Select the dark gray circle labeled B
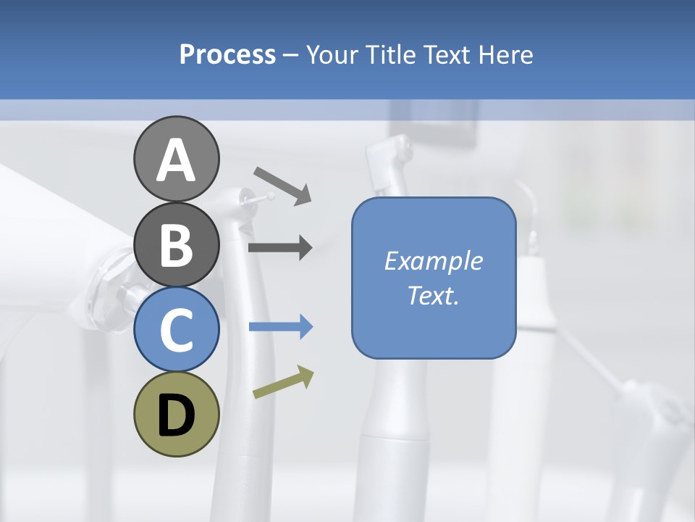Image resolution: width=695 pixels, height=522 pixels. point(176,245)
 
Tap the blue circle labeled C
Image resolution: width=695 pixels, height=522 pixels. point(176,330)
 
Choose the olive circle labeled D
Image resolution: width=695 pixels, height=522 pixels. point(176,414)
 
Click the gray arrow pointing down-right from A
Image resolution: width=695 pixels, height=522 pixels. point(282,185)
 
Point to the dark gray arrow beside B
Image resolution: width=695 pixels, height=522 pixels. point(280,248)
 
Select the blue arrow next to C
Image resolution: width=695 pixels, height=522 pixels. point(281,327)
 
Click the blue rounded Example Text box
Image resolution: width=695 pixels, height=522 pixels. point(434,278)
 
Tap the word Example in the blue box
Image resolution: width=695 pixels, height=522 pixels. point(433,261)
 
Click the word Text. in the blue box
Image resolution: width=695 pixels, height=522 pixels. point(433,296)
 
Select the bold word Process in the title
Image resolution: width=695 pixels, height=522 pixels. point(227,54)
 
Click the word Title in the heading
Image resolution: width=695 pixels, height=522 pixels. point(386,54)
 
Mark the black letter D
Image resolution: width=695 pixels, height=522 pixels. point(176,415)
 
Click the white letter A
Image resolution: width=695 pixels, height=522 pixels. point(176,160)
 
